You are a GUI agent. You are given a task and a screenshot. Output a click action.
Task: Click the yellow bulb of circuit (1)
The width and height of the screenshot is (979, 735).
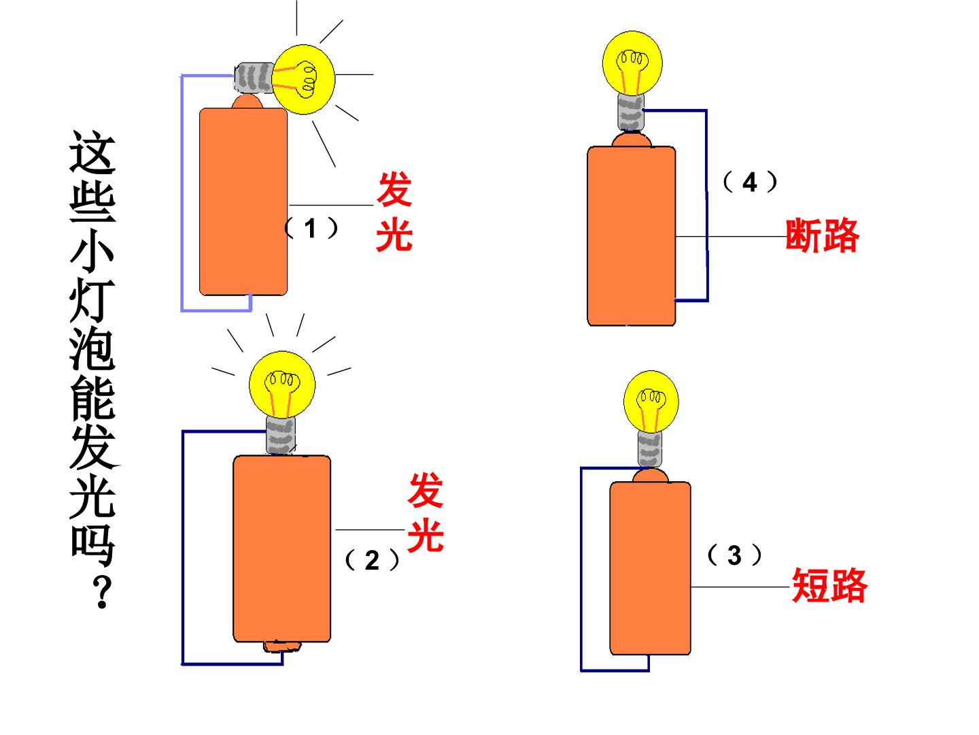(x=303, y=80)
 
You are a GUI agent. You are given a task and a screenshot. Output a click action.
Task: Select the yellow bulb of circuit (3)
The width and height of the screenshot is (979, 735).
(x=651, y=402)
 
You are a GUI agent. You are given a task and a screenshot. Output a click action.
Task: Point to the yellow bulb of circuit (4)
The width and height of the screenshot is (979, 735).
(x=632, y=63)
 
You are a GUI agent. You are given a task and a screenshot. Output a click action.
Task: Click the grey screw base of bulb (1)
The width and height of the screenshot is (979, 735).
(x=254, y=78)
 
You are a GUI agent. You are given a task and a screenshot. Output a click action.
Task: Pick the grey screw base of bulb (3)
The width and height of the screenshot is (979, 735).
(x=650, y=449)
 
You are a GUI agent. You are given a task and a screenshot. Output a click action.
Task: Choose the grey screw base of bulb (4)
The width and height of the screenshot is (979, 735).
(x=631, y=112)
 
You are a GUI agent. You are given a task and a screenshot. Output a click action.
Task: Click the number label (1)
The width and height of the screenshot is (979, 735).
(x=311, y=229)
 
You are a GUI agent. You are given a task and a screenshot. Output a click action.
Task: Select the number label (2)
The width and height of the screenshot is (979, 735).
(x=372, y=560)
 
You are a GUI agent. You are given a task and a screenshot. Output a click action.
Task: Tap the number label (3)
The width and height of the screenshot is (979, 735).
(x=734, y=555)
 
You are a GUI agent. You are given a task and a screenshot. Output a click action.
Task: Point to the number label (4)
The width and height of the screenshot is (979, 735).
(x=750, y=182)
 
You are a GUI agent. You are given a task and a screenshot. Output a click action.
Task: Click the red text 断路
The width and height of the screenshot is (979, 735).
(x=821, y=235)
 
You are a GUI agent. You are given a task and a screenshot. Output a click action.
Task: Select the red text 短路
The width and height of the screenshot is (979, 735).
(x=829, y=585)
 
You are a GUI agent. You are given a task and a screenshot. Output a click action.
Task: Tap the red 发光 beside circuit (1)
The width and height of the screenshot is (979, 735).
(x=394, y=212)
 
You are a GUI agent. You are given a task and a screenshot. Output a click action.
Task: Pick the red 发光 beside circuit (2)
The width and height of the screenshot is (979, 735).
(x=426, y=512)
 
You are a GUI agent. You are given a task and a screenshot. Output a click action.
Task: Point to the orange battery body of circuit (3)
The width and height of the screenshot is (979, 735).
(x=651, y=568)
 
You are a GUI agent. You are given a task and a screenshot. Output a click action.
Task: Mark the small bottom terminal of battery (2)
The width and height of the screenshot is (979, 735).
(x=281, y=647)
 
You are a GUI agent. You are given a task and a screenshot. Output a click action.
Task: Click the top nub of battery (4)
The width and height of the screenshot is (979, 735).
(x=632, y=140)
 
